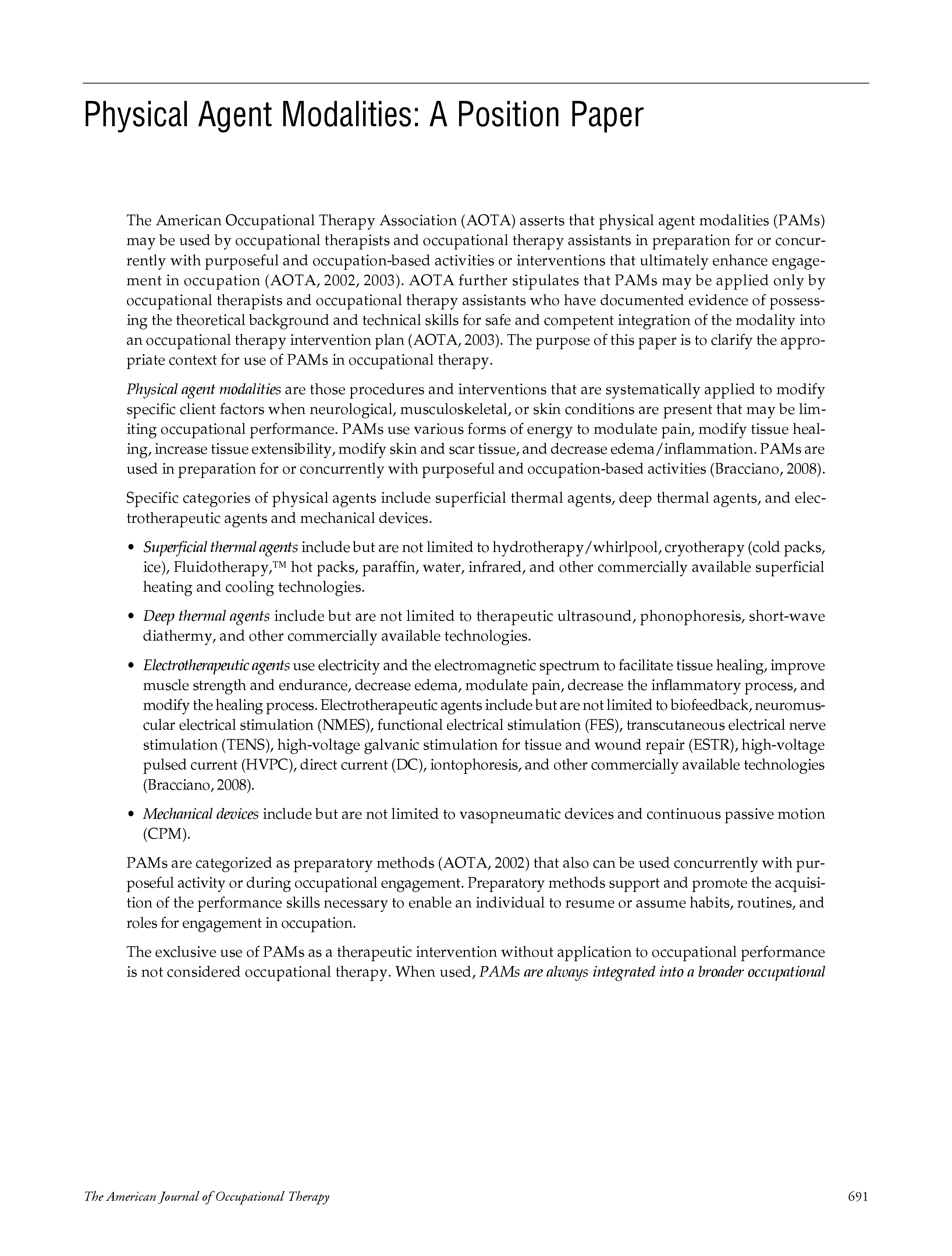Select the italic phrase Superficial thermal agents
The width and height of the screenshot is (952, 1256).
[x=220, y=547]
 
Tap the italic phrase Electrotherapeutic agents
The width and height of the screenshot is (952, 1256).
[x=216, y=665]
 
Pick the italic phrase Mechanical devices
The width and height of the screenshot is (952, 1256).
[x=200, y=814]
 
